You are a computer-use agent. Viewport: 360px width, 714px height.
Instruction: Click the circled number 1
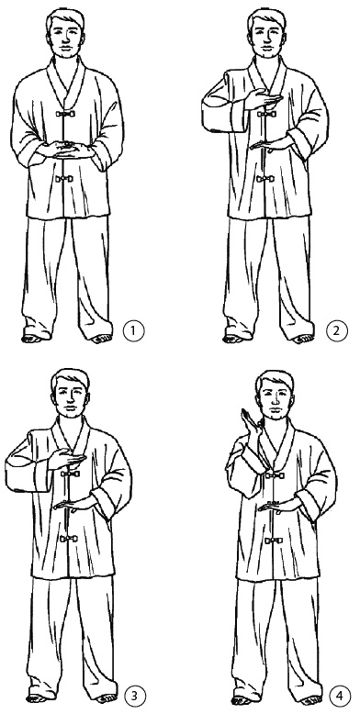(x=133, y=330)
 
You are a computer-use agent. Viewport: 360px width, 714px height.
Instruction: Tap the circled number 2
(x=337, y=330)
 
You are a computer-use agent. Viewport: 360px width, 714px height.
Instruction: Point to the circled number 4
(x=340, y=697)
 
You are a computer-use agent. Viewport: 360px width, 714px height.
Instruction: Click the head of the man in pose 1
(x=65, y=34)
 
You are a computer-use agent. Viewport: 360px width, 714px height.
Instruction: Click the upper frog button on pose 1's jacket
(x=64, y=114)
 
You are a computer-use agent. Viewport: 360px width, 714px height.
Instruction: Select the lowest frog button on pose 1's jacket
(x=64, y=178)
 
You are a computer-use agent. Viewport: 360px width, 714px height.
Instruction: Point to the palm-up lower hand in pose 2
(x=270, y=145)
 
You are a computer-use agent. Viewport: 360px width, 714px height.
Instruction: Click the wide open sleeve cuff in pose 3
(x=25, y=476)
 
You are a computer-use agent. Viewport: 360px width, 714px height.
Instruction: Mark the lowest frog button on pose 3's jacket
(x=69, y=539)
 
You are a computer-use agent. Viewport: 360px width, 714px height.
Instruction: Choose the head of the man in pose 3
(x=70, y=395)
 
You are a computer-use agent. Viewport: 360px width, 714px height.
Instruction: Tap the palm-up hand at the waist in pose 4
(x=279, y=506)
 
